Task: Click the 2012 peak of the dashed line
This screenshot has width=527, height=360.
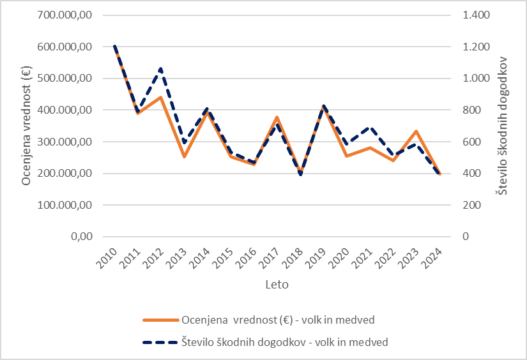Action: click(161, 68)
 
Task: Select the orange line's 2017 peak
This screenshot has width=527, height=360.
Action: click(277, 117)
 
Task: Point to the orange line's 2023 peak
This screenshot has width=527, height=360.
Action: click(416, 131)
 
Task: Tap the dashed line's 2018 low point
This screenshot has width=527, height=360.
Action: click(300, 174)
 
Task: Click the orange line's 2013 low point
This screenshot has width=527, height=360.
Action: click(184, 156)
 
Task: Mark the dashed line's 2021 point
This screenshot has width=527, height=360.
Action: click(370, 128)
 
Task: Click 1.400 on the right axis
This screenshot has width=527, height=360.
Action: click(472, 15)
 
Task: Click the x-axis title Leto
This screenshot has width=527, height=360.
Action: click(277, 285)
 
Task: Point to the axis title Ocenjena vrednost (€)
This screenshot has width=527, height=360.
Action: click(26, 126)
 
